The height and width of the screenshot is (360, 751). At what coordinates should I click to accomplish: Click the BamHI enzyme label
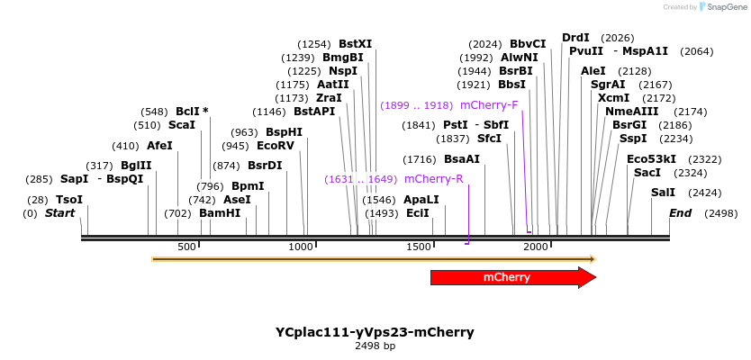pos(220,213)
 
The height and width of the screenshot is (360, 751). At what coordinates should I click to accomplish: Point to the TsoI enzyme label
pos(69,200)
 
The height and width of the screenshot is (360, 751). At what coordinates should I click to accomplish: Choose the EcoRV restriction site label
pos(276,146)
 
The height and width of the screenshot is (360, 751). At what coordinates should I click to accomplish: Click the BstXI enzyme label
pos(356,43)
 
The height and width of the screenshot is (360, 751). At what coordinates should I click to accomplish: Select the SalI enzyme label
pos(663,193)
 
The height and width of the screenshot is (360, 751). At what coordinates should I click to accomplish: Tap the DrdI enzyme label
pos(575,38)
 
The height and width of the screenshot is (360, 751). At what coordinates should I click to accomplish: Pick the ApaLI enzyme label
pos(421,200)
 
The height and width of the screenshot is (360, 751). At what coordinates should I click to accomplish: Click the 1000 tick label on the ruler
pos(301,247)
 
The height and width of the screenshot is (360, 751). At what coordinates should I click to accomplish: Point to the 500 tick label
pos(186,247)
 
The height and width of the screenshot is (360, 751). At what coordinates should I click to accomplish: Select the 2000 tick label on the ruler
pos(536,247)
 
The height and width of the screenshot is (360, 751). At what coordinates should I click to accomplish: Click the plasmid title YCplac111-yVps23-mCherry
pos(375,332)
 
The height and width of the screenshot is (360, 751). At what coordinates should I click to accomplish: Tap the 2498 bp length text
pos(375,346)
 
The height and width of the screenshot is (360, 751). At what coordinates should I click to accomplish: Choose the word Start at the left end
pos(60,213)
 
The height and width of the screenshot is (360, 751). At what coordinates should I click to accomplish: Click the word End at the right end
pos(681,213)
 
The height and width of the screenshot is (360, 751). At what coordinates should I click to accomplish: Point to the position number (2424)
pos(706,193)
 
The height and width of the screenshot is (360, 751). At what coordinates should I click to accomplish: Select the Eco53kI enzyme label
pos(651,159)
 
